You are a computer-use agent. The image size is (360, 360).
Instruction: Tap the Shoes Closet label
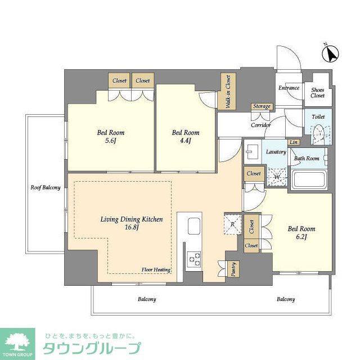(x=317, y=92)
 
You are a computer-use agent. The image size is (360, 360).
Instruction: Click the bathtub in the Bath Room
(x=309, y=180)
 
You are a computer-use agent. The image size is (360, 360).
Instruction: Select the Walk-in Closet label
(x=228, y=92)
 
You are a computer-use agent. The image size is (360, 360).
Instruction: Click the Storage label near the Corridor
(x=262, y=106)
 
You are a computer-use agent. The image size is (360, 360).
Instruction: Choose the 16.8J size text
(x=132, y=228)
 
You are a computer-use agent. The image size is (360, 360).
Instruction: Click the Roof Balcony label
(x=45, y=187)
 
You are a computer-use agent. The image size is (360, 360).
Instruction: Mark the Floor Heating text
(x=156, y=270)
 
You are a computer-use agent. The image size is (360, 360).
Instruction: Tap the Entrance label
(x=289, y=88)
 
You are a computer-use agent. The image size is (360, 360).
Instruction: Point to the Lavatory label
(x=276, y=152)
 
